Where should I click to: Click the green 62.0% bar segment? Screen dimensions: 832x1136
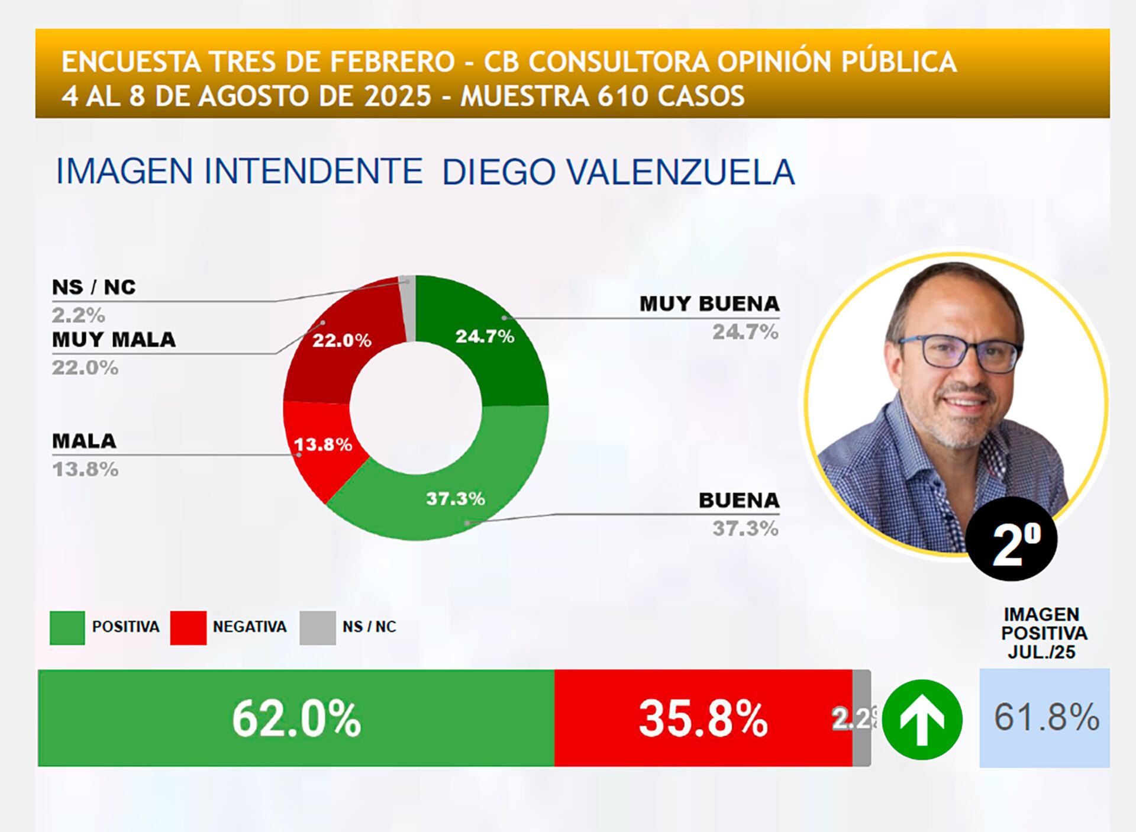296,718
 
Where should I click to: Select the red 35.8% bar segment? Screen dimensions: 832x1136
703,718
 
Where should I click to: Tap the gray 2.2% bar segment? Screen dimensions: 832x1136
861,718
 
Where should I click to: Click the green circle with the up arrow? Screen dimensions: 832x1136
922,720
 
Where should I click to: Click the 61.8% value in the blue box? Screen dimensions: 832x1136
1045,717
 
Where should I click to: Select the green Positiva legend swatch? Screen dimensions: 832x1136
67,627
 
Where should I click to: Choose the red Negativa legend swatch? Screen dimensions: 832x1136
188,627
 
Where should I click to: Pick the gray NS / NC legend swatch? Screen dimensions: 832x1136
318,627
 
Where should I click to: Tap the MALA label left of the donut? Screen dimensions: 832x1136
84,441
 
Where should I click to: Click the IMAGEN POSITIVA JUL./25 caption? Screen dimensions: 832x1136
1044,633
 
